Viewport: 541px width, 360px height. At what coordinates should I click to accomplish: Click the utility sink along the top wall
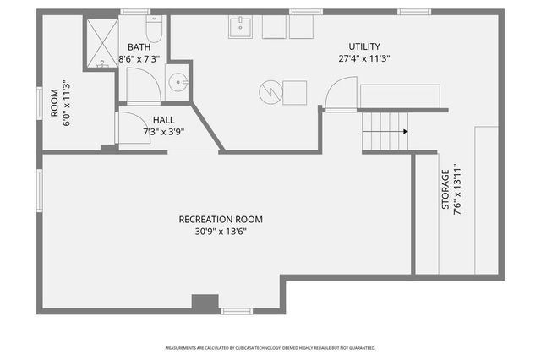coord(241,27)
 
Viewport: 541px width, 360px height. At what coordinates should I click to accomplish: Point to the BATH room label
coord(139,47)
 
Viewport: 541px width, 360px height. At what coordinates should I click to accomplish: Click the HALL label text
coord(164,120)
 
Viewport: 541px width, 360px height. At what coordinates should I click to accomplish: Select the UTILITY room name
coord(364,46)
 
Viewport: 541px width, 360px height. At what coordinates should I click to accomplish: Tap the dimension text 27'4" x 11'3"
coord(364,58)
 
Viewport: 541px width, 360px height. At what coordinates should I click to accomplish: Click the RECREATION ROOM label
coord(212,219)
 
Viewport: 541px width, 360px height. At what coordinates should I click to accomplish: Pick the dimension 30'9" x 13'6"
coord(212,231)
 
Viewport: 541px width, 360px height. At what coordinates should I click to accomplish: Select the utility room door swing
coord(342,93)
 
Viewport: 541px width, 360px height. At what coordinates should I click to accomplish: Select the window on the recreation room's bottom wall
coord(237,311)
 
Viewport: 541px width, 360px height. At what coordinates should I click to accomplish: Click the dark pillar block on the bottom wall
coord(205,302)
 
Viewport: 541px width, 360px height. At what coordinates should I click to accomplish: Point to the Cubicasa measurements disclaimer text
coord(270,347)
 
